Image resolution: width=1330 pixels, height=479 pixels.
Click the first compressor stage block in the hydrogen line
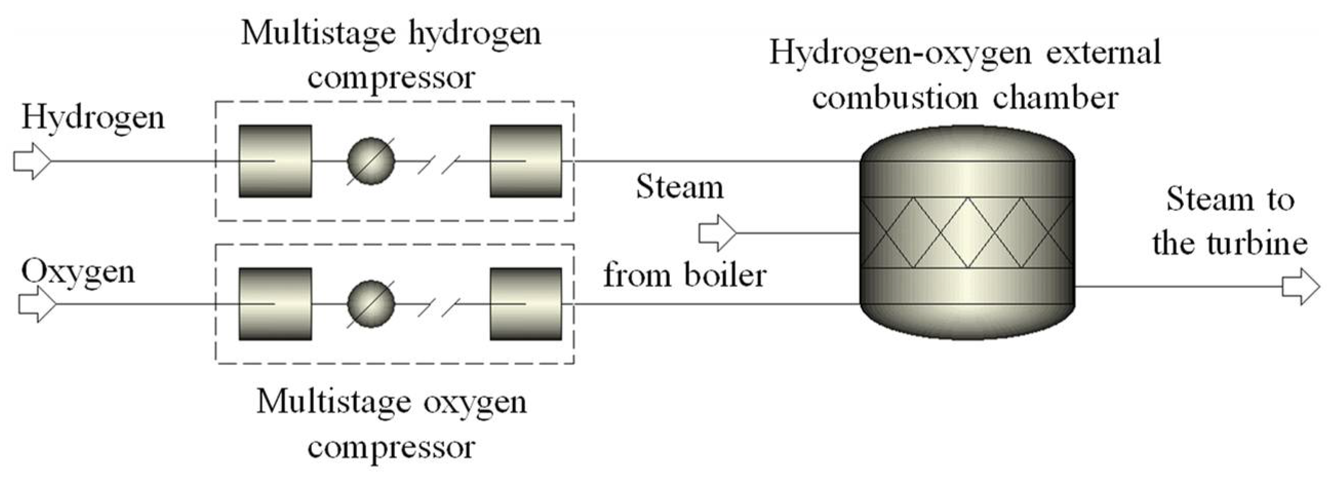point(275,161)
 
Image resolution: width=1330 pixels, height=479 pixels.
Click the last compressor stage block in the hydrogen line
point(526,161)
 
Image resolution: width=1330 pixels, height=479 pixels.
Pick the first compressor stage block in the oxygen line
point(275,304)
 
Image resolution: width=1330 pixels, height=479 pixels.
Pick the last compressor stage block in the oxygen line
point(526,304)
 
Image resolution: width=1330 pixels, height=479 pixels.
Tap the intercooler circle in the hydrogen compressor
point(371,161)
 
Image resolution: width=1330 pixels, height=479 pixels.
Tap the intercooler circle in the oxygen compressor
point(371,304)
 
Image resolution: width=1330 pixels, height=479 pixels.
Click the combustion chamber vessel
point(967,233)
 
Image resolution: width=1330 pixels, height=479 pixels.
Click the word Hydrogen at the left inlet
point(93,118)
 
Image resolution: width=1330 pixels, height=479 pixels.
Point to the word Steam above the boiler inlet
point(680,187)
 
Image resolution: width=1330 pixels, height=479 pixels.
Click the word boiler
point(725,275)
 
